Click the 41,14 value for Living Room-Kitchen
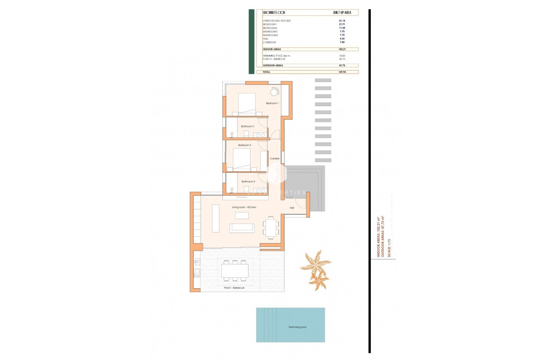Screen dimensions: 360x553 coord(341,21)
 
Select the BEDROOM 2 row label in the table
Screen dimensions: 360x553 coord(270,28)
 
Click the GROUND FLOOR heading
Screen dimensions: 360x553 coord(274,13)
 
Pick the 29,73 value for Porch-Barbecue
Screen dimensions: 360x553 coord(341,59)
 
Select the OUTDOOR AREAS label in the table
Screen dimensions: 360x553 coord(273,65)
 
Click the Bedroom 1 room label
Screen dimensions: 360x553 coord(272,103)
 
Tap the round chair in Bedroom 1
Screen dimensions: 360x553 coord(274,92)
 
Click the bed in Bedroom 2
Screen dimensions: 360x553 coord(241,159)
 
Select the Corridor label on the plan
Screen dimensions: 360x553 coord(275,158)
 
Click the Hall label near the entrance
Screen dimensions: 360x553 coord(292,208)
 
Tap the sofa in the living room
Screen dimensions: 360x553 coord(242,228)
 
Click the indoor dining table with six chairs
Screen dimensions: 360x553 coord(271,228)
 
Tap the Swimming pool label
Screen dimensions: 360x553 coord(297,327)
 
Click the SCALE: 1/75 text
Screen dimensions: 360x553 coord(389,248)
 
